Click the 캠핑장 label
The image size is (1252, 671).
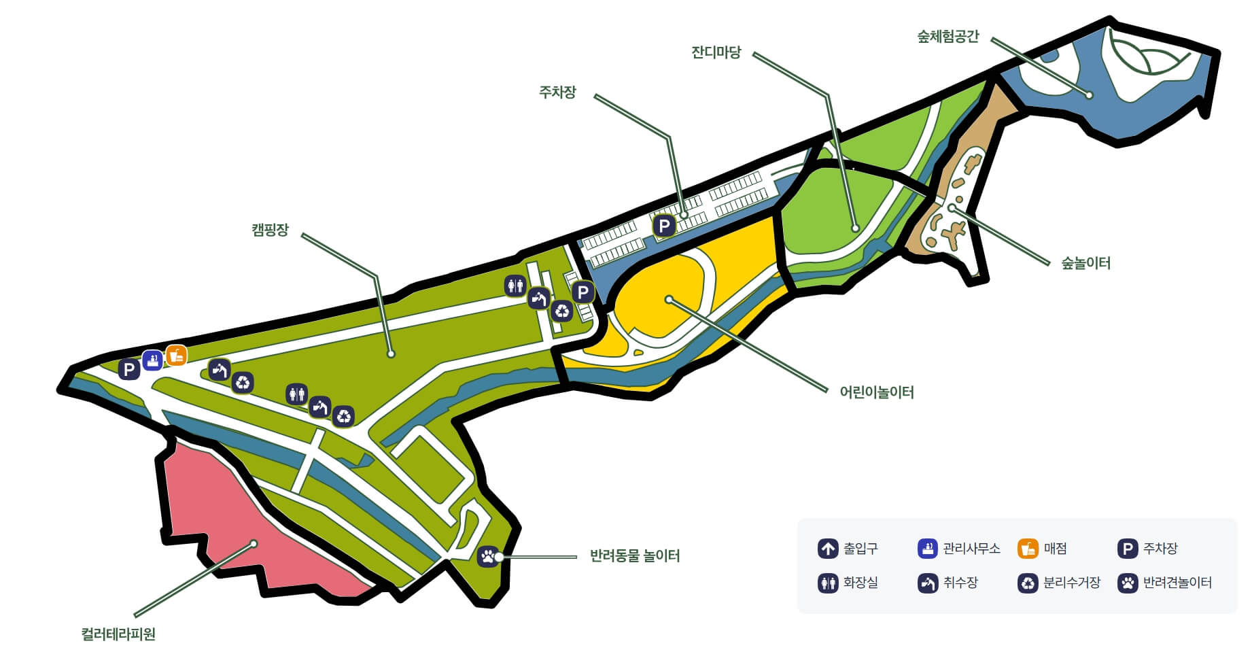click(270, 230)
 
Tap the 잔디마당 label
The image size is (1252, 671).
click(716, 52)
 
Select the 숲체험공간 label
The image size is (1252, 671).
click(947, 37)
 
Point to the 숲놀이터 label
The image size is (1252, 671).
click(1085, 263)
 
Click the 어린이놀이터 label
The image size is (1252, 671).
click(876, 392)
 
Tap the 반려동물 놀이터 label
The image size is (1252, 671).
click(634, 556)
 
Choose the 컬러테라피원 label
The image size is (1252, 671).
click(118, 634)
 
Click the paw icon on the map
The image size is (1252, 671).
click(488, 556)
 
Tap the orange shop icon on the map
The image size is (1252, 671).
click(176, 355)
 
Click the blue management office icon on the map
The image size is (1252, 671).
click(152, 360)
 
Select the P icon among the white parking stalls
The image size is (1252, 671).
click(663, 226)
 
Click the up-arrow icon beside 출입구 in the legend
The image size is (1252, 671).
click(827, 549)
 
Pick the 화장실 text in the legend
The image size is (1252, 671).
click(860, 583)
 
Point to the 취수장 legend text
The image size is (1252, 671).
click(960, 583)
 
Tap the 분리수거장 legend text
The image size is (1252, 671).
click(1071, 583)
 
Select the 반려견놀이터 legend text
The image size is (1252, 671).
click(1177, 583)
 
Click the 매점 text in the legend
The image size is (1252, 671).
click(1055, 549)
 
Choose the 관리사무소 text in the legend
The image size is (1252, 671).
click(971, 549)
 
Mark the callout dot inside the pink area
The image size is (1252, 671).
click(254, 543)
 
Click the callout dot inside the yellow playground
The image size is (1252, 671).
click(669, 299)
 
